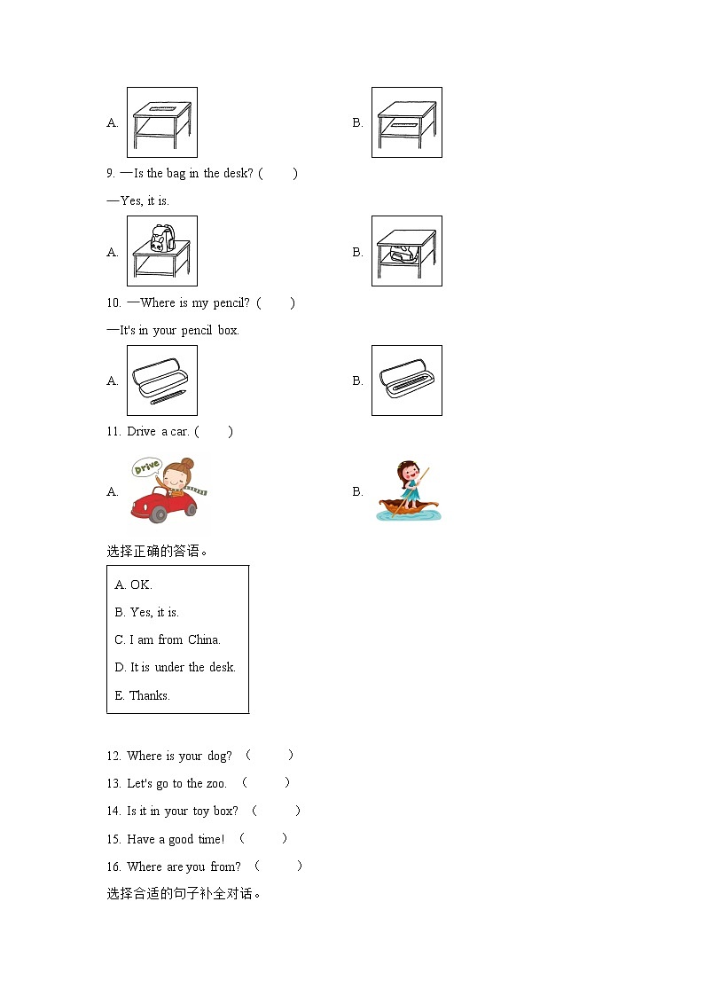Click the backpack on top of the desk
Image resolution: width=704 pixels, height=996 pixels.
pyautogui.click(x=160, y=237)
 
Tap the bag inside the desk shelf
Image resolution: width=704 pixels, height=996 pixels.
pyautogui.click(x=403, y=255)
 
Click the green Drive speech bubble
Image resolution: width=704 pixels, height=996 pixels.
pyautogui.click(x=146, y=467)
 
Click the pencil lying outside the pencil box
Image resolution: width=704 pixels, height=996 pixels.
pyautogui.click(x=168, y=397)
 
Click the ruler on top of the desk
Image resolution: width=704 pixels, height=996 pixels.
pyautogui.click(x=161, y=108)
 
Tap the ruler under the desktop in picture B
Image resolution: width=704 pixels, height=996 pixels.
pyautogui.click(x=404, y=125)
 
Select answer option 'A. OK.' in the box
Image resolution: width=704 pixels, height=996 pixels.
pyautogui.click(x=134, y=584)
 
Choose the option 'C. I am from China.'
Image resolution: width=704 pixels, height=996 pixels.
pyautogui.click(x=168, y=639)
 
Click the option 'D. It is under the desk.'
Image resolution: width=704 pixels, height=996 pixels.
pyautogui.click(x=176, y=667)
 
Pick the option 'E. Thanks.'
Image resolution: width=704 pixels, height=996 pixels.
pyautogui.click(x=143, y=695)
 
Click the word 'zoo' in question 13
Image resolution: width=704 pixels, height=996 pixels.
pyautogui.click(x=216, y=783)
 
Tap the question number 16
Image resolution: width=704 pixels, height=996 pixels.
pyautogui.click(x=114, y=867)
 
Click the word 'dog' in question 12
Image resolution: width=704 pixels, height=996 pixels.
pyautogui.click(x=219, y=756)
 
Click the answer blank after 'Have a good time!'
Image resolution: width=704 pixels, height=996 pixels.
pyautogui.click(x=263, y=838)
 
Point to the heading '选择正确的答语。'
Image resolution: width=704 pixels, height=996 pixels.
pyautogui.click(x=158, y=551)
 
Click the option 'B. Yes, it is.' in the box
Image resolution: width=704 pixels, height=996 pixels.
pyautogui.click(x=147, y=612)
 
